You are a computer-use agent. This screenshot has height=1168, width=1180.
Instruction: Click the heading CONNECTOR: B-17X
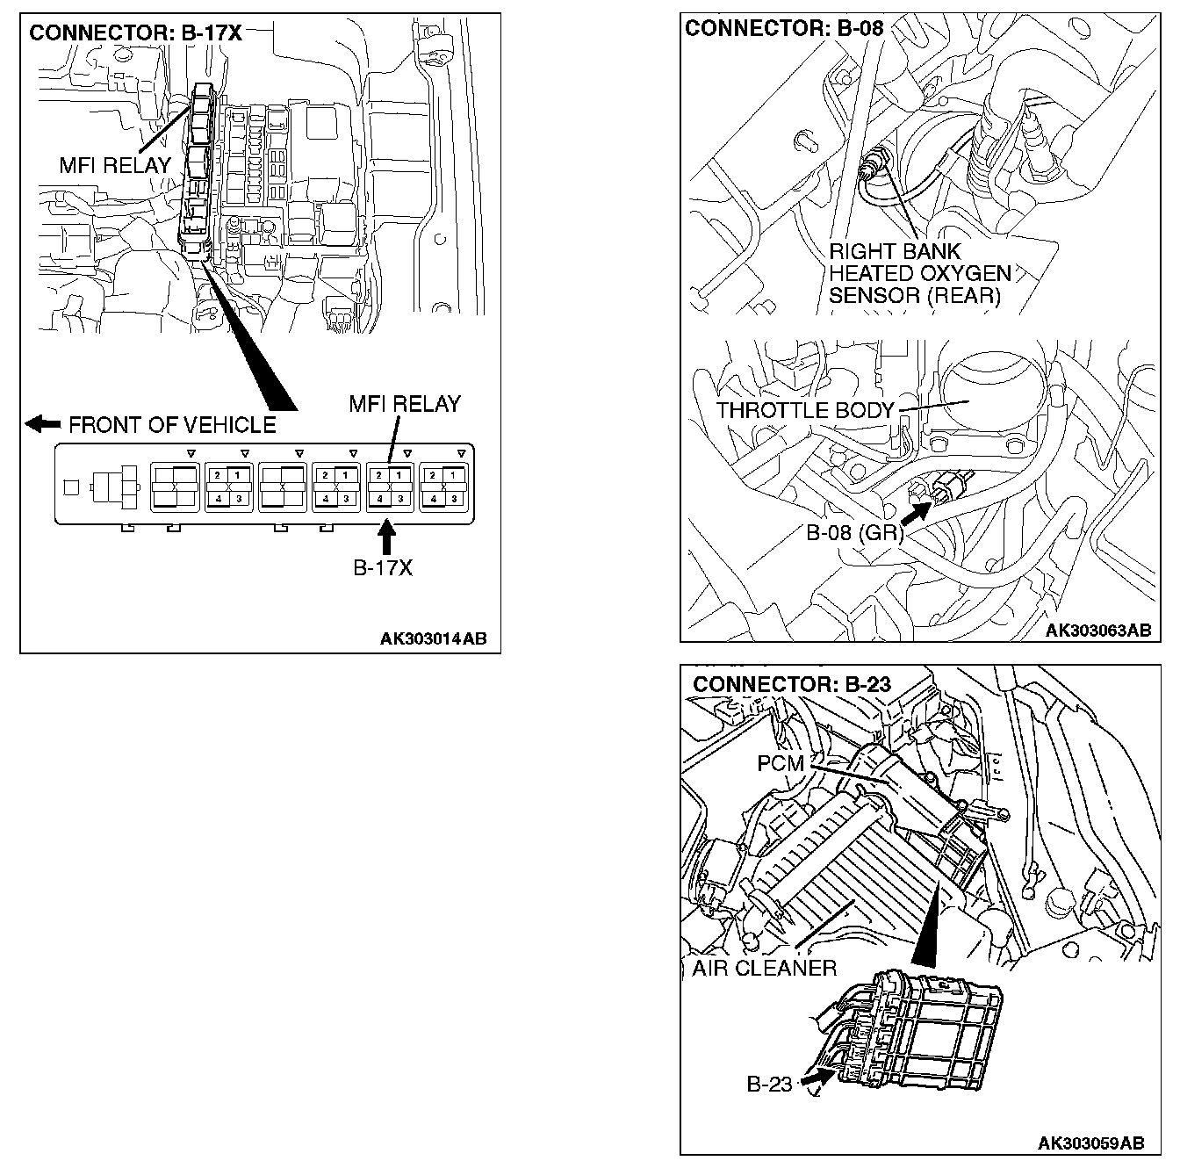click(135, 33)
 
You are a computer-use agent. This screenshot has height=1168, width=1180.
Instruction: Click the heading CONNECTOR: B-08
click(784, 28)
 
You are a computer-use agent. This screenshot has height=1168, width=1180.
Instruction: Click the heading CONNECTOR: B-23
click(792, 683)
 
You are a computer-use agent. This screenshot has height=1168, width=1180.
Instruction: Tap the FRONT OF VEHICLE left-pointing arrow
click(42, 425)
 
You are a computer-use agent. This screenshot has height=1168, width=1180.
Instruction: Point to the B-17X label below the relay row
click(383, 567)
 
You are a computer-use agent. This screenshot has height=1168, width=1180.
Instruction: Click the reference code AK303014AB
click(433, 638)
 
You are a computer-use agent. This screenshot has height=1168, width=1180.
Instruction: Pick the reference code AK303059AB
click(1090, 1143)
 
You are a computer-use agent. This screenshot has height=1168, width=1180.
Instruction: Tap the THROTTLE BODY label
click(804, 410)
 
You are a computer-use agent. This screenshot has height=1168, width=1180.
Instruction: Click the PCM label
click(781, 763)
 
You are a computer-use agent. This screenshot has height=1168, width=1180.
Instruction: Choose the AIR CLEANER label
click(764, 968)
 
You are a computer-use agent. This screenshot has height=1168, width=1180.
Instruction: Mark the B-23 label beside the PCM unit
click(769, 1084)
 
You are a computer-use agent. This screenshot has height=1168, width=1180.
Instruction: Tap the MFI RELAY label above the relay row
click(404, 404)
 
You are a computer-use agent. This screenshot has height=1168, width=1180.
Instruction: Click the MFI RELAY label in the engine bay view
click(115, 164)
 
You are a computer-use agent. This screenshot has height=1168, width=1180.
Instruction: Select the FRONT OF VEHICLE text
click(172, 425)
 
